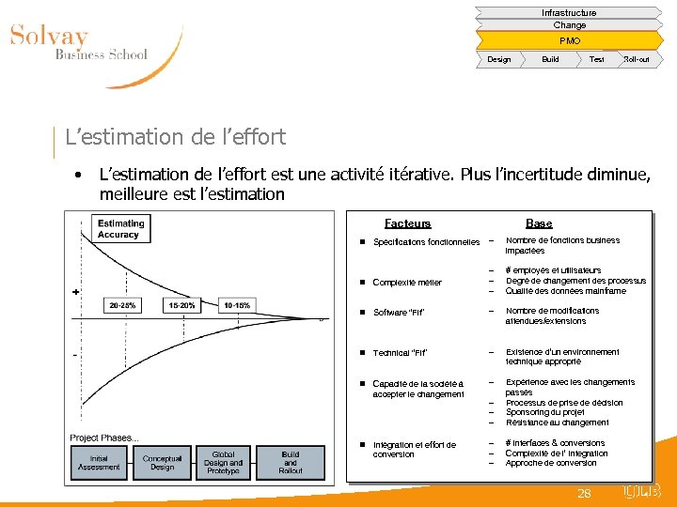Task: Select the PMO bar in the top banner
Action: coord(569,41)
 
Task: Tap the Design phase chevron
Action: coord(499,60)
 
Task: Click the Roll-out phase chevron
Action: coord(636,60)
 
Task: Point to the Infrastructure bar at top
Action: coord(569,13)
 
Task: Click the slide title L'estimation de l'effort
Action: coord(175,137)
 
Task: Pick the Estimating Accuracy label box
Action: coord(121,229)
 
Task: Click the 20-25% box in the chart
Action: coord(122,305)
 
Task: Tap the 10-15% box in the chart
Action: coord(236,305)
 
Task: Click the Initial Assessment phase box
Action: coord(99,463)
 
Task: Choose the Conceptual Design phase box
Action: coord(162,463)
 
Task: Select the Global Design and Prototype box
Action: coord(224,463)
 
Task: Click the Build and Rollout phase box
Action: coord(291,463)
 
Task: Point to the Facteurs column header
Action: coord(407,223)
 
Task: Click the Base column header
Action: coord(539,223)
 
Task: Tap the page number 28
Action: coord(584,493)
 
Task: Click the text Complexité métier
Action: coord(407,283)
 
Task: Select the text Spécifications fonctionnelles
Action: coord(426,242)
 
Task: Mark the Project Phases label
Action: coord(103,438)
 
